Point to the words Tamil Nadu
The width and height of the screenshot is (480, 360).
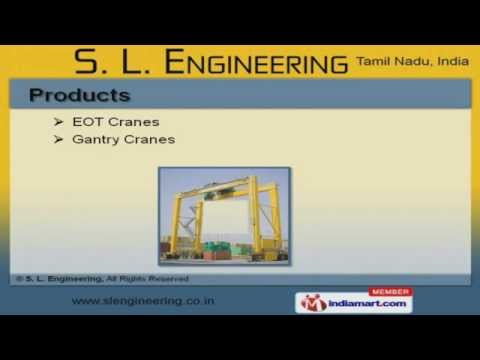(389, 62)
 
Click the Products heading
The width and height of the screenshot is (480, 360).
(80, 96)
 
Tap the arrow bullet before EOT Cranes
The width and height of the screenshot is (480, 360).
(59, 122)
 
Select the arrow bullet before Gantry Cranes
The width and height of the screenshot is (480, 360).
(59, 139)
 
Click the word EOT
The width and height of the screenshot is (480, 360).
(87, 122)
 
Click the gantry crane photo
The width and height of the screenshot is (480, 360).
(224, 215)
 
